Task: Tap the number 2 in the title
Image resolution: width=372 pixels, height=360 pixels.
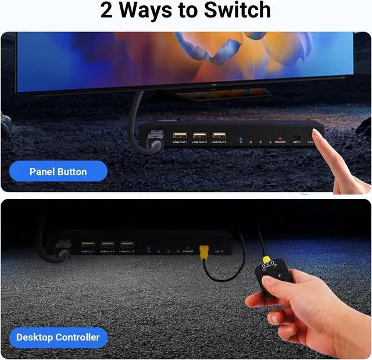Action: coord(106,10)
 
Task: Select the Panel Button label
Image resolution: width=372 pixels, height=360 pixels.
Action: coord(58,172)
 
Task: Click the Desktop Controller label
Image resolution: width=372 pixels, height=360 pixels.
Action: coord(58,337)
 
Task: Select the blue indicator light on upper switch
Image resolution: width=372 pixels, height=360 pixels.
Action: coord(241,140)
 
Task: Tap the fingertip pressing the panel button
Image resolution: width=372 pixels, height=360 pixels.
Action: coord(320,135)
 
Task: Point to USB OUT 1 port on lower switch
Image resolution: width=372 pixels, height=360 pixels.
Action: coord(88,245)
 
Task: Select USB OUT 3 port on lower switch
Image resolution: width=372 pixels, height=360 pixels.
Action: coord(126,245)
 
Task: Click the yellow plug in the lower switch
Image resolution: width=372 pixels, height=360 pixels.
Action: coord(204,251)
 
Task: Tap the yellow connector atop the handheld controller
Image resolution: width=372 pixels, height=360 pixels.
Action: coord(266,260)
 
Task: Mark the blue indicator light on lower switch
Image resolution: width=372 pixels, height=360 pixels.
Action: coord(149,248)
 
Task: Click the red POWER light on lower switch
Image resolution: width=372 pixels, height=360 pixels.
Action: coord(187,248)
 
